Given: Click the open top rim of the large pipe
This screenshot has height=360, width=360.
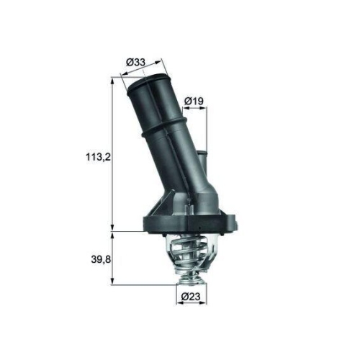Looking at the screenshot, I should [x=147, y=81].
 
